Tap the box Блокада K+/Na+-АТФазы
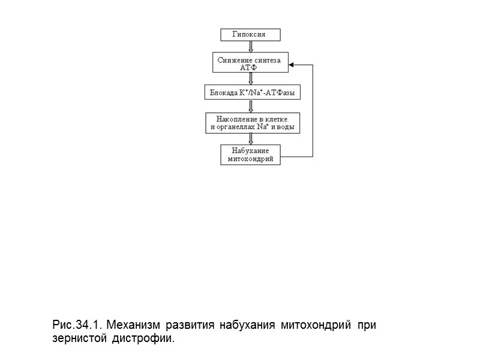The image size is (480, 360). (252, 93)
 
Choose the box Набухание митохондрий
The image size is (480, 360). (251, 155)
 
